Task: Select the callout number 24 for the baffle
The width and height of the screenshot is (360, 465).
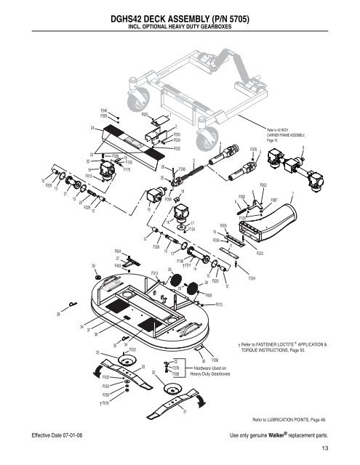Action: [92, 128]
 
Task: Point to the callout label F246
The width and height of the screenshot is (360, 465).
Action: [104, 109]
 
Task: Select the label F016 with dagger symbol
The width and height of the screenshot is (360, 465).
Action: [104, 401]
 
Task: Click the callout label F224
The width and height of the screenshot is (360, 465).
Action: [252, 278]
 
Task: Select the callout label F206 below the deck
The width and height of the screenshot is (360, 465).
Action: [215, 360]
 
